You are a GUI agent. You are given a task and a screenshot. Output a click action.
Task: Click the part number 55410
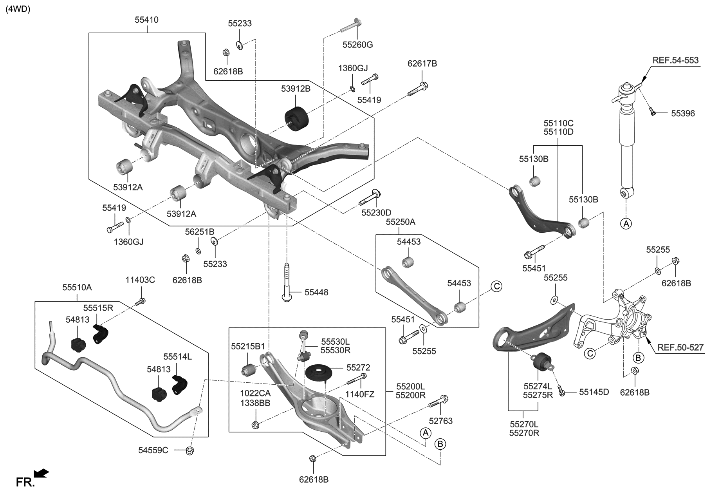(146, 20)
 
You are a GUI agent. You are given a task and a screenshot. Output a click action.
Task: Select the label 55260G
(357, 45)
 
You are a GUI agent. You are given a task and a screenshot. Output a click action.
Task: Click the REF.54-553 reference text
(675, 60)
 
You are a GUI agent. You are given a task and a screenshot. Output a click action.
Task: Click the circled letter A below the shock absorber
(626, 224)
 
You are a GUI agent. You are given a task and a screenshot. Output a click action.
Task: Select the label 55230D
(376, 213)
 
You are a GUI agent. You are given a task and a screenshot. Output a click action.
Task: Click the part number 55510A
(77, 288)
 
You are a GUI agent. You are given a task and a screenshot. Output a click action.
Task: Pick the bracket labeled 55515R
(101, 333)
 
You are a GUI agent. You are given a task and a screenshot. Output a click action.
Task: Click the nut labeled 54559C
(190, 450)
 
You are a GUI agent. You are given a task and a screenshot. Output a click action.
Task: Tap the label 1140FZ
(359, 394)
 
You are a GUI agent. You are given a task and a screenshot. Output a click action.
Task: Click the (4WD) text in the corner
(18, 10)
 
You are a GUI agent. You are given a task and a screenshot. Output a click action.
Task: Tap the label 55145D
(594, 392)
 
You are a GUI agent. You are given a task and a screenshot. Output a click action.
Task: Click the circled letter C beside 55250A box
(496, 286)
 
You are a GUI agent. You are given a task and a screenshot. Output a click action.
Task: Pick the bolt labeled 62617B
(417, 89)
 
